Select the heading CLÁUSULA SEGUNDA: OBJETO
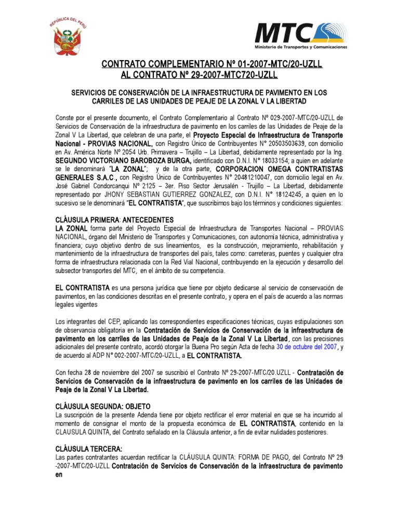pos(102,406)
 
